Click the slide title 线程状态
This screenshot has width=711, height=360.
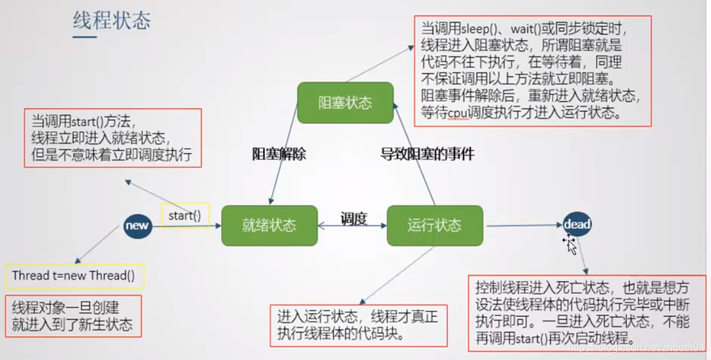(x=111, y=21)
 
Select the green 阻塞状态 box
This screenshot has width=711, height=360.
(x=345, y=103)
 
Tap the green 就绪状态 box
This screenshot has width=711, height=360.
(x=269, y=226)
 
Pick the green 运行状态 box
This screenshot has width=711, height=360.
(x=434, y=226)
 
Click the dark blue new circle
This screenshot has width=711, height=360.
(x=137, y=226)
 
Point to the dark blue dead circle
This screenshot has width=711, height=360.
(x=577, y=224)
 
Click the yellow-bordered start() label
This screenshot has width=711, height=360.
(x=185, y=216)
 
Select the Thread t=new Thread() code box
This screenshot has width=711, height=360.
(x=74, y=276)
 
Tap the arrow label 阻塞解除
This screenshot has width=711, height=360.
(x=279, y=154)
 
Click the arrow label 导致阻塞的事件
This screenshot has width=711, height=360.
(x=427, y=154)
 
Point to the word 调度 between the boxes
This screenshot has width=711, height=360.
(x=354, y=218)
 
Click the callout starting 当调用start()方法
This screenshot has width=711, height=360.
(x=112, y=138)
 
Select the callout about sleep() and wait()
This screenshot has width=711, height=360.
(x=532, y=71)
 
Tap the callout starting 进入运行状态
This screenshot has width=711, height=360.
(x=359, y=325)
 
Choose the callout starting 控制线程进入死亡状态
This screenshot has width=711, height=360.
(x=586, y=313)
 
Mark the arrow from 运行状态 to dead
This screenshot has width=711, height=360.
(x=524, y=226)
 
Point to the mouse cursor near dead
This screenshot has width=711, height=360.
(x=570, y=244)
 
